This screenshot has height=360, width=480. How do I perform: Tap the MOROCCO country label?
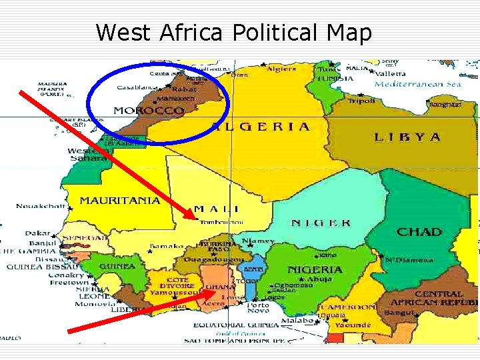[x=149, y=110]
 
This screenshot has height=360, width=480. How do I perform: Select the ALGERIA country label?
[x=261, y=127]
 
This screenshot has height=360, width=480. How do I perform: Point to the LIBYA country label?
[x=407, y=137]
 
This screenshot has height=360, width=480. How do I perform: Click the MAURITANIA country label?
[x=119, y=199]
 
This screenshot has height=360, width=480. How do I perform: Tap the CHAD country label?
[x=419, y=231]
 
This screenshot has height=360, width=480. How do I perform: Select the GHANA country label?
[x=220, y=287]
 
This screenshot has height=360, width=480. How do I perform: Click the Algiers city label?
[x=281, y=69]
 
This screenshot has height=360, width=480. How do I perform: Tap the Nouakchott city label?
[x=41, y=206]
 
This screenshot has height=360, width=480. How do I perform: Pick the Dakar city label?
[x=37, y=233]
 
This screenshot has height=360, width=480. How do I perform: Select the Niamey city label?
[x=259, y=241]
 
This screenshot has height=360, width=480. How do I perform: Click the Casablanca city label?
[x=137, y=87]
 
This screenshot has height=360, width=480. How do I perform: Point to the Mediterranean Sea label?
[x=418, y=85]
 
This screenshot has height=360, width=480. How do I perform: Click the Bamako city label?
[x=166, y=247]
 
